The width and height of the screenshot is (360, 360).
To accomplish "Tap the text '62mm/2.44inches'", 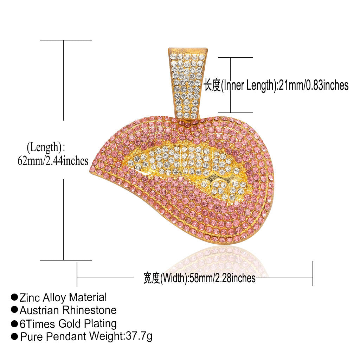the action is [53, 161].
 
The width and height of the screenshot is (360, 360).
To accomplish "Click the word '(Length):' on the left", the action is [46, 147].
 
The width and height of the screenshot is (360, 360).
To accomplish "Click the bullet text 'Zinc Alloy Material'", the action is [63, 297].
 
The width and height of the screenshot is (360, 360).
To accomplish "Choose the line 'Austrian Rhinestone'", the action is [68, 310].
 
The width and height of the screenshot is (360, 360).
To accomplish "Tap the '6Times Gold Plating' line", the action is [68, 324].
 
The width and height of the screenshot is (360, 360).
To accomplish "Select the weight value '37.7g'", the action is [139, 336].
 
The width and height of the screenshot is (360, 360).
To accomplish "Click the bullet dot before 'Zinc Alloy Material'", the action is [14, 297].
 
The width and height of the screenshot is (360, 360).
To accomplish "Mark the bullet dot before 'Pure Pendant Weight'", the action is [14, 336].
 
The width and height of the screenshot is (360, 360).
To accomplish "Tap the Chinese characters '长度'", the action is [212, 85].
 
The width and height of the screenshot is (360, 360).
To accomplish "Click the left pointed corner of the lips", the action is [90, 172].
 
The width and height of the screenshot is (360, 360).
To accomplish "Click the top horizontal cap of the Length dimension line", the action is [66, 40].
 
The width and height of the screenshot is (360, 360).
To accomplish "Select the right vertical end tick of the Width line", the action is [313, 274].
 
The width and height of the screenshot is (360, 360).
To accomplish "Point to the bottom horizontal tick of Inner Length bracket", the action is [235, 113].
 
